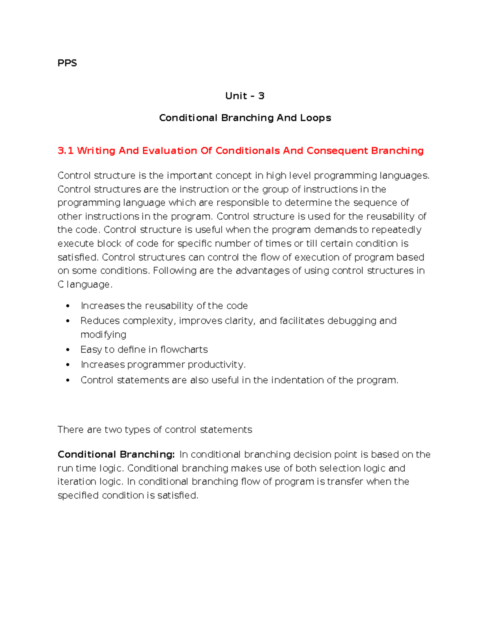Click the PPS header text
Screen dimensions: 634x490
[x=67, y=63]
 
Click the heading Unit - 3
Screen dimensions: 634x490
[x=245, y=96]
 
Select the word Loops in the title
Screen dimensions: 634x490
[x=315, y=118]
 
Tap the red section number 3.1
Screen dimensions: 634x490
[x=65, y=151]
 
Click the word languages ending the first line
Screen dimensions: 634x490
[x=404, y=176]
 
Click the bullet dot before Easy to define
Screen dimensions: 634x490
[x=68, y=350]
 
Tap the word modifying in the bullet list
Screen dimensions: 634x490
[x=103, y=335]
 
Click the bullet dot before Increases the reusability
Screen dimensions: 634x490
[x=68, y=307]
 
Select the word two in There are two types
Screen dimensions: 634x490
[x=113, y=430]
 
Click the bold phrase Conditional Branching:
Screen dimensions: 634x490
[x=116, y=454]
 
